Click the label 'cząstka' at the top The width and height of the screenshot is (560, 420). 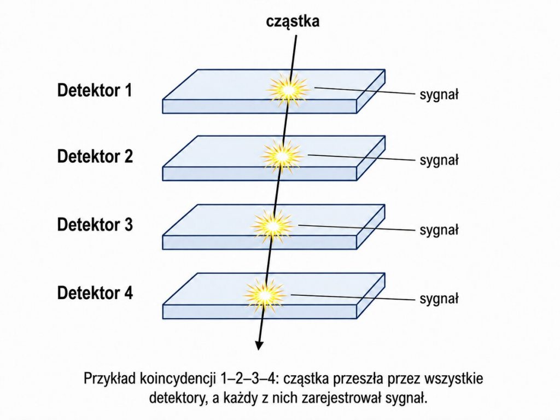point(293,21)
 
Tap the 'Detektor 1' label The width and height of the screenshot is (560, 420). point(95,90)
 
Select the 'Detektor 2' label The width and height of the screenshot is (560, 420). point(95,156)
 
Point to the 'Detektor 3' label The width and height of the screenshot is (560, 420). point(95,225)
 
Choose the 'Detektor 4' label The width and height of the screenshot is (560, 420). point(95,293)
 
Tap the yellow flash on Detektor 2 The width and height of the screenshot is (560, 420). point(282,156)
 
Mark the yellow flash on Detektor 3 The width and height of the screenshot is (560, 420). point(272,225)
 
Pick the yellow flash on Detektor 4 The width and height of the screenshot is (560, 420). point(265,295)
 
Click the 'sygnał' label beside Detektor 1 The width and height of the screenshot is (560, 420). point(439,95)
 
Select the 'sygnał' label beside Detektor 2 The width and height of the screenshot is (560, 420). point(439,161)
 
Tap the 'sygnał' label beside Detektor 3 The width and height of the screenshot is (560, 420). point(439,230)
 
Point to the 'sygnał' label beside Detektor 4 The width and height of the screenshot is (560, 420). point(439,299)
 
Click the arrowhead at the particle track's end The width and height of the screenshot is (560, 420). point(259,346)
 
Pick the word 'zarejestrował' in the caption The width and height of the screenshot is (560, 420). point(341,398)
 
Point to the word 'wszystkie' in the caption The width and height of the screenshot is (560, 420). point(453,379)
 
